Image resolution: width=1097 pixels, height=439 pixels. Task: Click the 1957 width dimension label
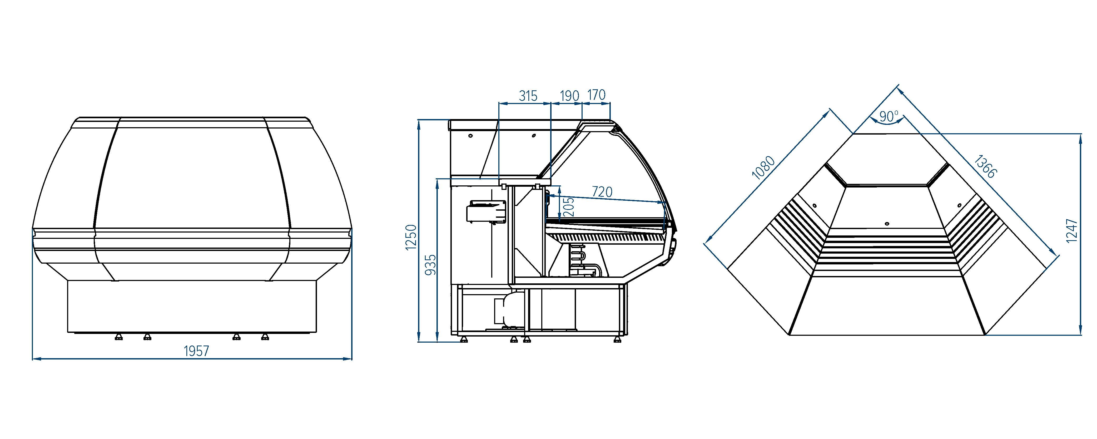pyautogui.click(x=196, y=351)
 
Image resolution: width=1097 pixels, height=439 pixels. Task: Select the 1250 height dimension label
pyautogui.click(x=411, y=237)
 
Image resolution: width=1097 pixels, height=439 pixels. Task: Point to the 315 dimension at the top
pyautogui.click(x=528, y=96)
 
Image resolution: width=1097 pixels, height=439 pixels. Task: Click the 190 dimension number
pyautogui.click(x=569, y=96)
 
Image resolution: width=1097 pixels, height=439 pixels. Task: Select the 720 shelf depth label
pyautogui.click(x=602, y=192)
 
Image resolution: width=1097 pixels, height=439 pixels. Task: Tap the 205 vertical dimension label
pyautogui.click(x=569, y=207)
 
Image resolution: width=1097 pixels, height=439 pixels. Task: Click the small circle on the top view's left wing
pyautogui.click(x=815, y=206)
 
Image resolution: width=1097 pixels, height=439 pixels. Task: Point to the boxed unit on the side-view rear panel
pyautogui.click(x=486, y=212)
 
